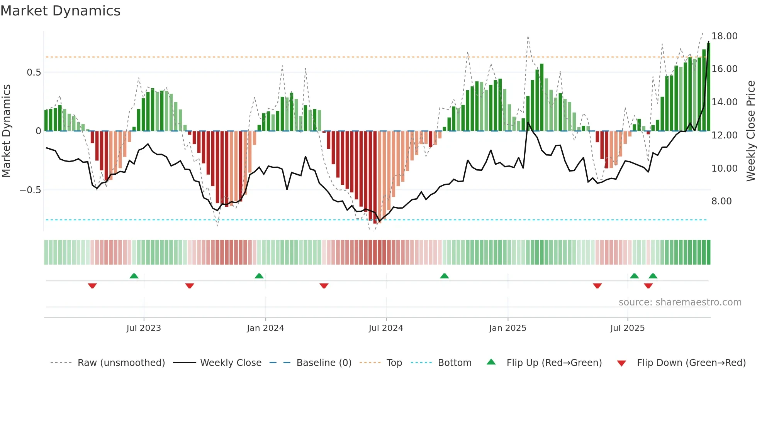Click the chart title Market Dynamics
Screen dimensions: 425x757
(x=61, y=11)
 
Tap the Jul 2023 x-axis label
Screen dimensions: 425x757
(x=144, y=328)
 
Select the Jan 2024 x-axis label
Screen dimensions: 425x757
(x=265, y=328)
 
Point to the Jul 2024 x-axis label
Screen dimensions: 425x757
(x=386, y=328)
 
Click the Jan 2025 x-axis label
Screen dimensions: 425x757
(x=507, y=328)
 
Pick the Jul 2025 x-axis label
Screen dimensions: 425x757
(x=628, y=328)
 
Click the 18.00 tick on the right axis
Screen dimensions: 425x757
(x=725, y=36)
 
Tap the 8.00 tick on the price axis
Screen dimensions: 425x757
(x=721, y=201)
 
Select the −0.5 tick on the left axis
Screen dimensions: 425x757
(x=30, y=190)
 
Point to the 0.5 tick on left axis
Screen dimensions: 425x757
(x=34, y=73)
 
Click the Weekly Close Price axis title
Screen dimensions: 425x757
(x=750, y=131)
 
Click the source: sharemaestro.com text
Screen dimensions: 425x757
(x=680, y=302)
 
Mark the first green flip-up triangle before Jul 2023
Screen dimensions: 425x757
(x=134, y=276)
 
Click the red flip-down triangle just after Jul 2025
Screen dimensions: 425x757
(x=648, y=286)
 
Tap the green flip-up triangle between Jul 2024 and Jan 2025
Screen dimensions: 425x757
(x=445, y=276)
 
